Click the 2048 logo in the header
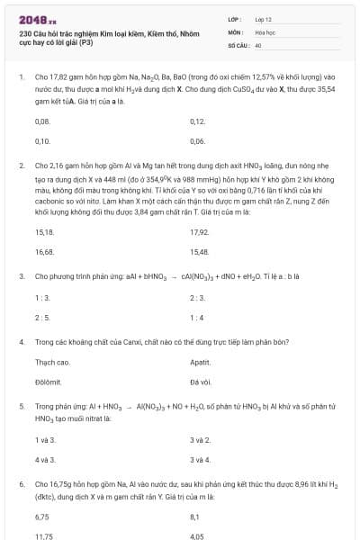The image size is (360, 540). click(x=37, y=19)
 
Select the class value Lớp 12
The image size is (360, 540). click(x=264, y=19)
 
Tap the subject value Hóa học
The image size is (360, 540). click(x=265, y=31)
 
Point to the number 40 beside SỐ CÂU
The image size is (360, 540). click(x=258, y=44)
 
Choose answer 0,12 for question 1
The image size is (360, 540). click(x=199, y=120)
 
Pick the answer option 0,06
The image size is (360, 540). click(x=198, y=141)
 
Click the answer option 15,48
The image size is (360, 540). click(x=200, y=252)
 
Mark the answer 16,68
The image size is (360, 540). click(x=44, y=252)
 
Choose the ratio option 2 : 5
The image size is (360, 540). click(x=42, y=317)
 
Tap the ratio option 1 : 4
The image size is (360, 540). click(x=197, y=317)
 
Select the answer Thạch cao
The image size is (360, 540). click(x=52, y=362)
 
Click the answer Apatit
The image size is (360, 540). click(x=201, y=362)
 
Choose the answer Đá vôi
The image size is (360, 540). click(x=201, y=382)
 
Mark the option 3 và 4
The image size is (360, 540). click(x=201, y=459)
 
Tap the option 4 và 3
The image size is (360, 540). click(x=45, y=459)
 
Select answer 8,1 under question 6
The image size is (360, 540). click(x=195, y=517)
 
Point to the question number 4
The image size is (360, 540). click(x=21, y=342)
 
